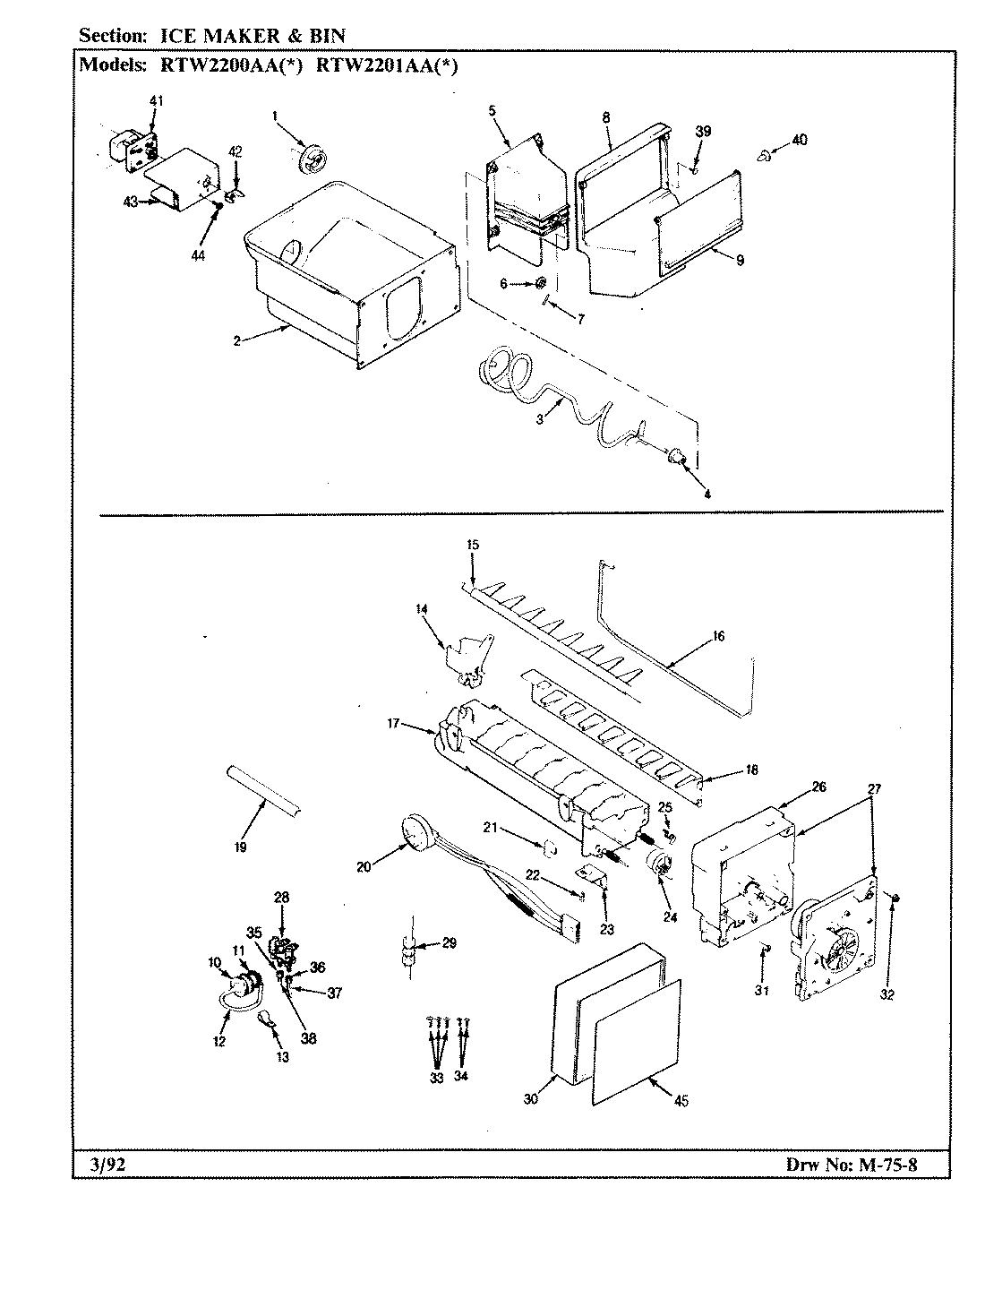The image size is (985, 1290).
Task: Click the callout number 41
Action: coord(156,101)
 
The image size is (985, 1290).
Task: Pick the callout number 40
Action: coord(800,140)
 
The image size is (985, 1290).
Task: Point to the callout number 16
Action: coord(719,637)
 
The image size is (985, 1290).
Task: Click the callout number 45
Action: coord(681,1102)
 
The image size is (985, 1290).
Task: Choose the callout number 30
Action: coord(531,1099)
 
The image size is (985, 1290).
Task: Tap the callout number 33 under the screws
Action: coord(436,1078)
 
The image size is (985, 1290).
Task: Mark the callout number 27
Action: coord(874,789)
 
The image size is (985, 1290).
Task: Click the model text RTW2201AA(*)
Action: coord(388,65)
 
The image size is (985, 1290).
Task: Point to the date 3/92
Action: coord(105,1165)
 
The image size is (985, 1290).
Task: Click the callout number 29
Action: coord(450,943)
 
